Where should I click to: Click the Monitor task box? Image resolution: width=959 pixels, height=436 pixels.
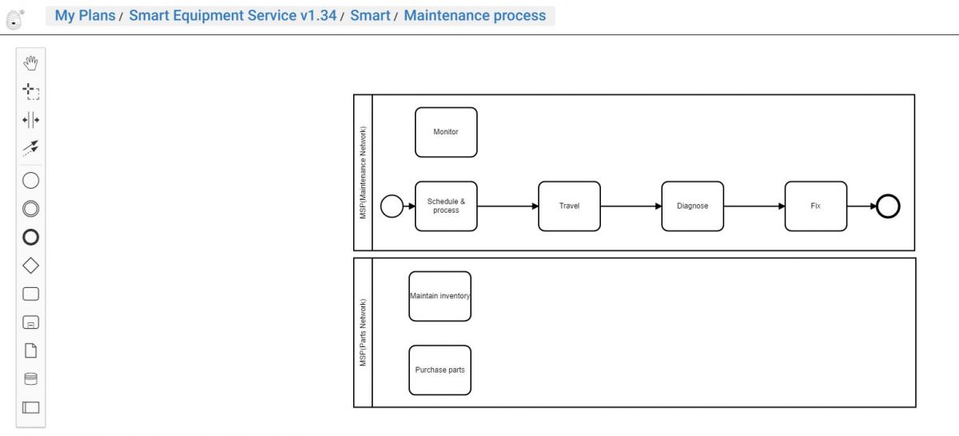446,132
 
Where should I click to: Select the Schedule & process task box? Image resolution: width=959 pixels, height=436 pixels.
446,206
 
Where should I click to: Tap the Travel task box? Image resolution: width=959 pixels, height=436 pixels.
569,206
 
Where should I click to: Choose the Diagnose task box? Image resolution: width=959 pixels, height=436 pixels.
692,206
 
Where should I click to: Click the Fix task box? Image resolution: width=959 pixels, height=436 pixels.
815,206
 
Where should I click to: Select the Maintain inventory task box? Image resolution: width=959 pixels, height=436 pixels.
440,296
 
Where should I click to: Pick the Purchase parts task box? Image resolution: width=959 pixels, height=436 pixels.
440,370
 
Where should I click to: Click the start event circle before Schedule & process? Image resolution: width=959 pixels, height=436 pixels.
392,206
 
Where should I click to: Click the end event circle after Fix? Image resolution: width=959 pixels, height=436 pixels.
888,206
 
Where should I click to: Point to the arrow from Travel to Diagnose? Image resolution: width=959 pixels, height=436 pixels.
631,206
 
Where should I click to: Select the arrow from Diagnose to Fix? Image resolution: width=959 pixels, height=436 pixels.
754,206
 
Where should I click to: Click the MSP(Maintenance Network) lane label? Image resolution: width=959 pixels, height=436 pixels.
363,173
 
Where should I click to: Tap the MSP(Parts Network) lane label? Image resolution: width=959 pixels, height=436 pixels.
363,332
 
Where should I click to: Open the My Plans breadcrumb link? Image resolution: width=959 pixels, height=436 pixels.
85,16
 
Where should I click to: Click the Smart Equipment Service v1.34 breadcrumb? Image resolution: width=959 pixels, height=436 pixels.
233,16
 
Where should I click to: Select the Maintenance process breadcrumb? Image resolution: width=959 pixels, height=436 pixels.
475,16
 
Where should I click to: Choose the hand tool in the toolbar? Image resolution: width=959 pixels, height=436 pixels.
30,62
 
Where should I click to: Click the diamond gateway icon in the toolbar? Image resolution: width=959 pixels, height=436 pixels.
30,266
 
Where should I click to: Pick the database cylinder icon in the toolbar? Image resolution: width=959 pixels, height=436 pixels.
30,379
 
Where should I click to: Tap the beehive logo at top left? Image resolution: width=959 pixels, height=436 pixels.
14,19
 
